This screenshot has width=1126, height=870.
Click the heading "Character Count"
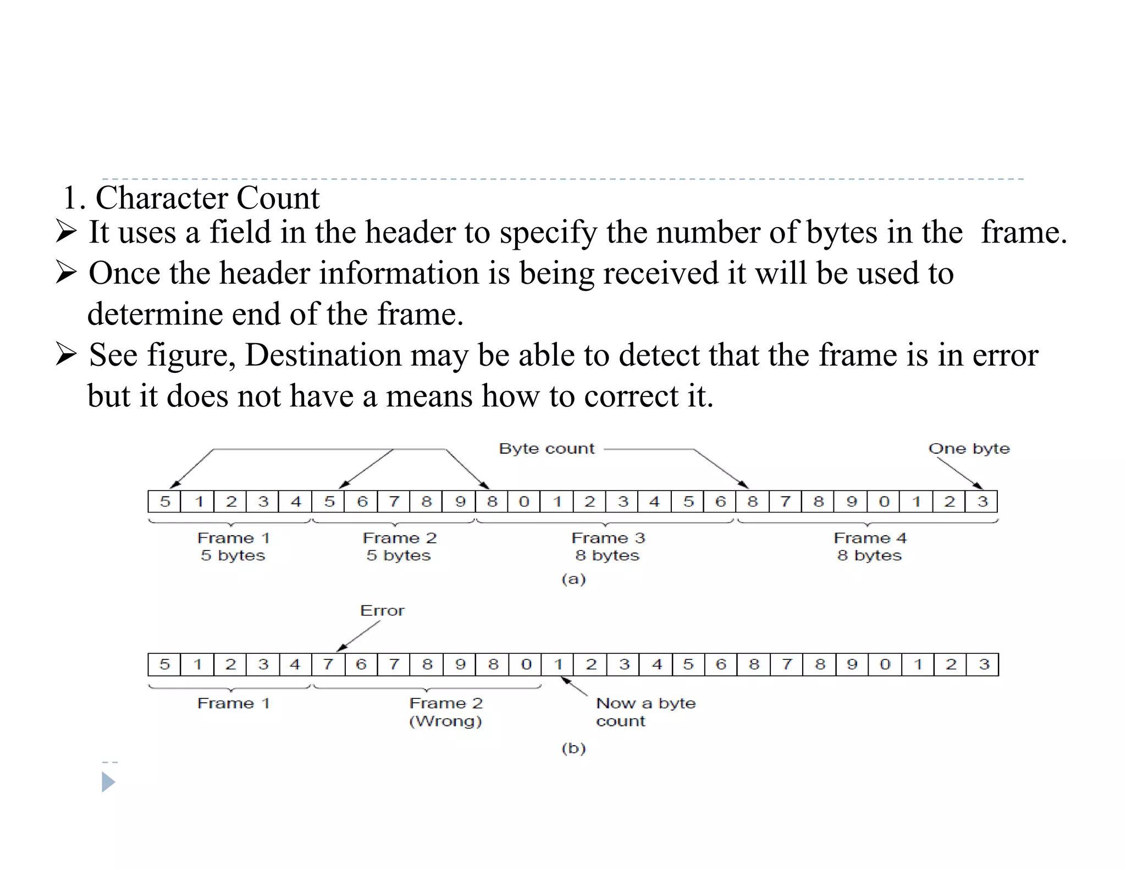(207, 198)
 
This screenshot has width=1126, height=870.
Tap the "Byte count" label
(547, 449)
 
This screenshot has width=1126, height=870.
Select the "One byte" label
(969, 449)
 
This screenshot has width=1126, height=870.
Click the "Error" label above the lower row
(382, 610)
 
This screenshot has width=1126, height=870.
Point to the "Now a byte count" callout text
(645, 712)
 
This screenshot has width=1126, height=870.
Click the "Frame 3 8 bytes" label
(608, 546)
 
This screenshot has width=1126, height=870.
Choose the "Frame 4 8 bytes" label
(870, 546)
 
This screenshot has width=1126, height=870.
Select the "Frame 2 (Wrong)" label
(446, 712)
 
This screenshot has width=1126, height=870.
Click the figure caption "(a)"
(573, 579)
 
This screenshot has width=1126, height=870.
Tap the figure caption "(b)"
(573, 748)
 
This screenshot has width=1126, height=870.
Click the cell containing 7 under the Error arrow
(328, 664)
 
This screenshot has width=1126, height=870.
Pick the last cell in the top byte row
(982, 502)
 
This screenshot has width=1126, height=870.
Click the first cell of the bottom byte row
(164, 664)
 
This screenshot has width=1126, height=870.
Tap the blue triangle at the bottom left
(108, 781)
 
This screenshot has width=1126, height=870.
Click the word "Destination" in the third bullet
(323, 355)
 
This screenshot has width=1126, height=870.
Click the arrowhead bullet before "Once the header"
(66, 272)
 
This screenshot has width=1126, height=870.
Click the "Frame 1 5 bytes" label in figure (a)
(233, 546)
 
